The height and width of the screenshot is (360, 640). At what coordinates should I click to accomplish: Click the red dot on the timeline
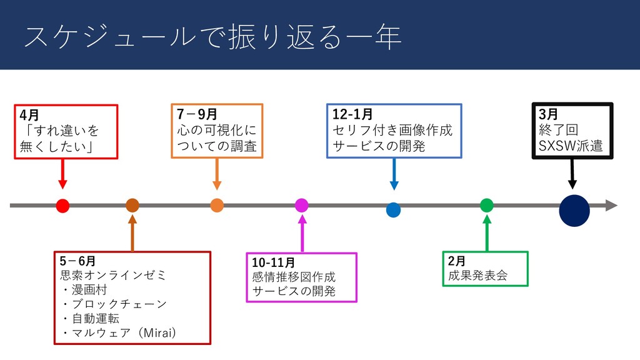click(62, 205)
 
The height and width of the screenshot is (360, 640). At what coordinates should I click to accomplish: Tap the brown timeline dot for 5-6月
click(132, 205)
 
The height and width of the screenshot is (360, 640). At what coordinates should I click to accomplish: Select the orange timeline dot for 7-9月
click(217, 205)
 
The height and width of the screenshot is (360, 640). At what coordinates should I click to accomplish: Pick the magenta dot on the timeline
click(301, 205)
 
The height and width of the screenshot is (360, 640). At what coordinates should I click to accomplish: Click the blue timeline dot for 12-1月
click(393, 209)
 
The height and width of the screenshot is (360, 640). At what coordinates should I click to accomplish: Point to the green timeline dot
click(487, 205)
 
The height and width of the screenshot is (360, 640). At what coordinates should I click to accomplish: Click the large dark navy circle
click(574, 209)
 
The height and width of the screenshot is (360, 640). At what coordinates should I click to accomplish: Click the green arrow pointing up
click(487, 232)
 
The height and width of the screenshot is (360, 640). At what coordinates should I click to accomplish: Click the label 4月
click(29, 116)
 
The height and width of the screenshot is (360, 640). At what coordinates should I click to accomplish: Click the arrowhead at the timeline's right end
click(611, 205)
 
